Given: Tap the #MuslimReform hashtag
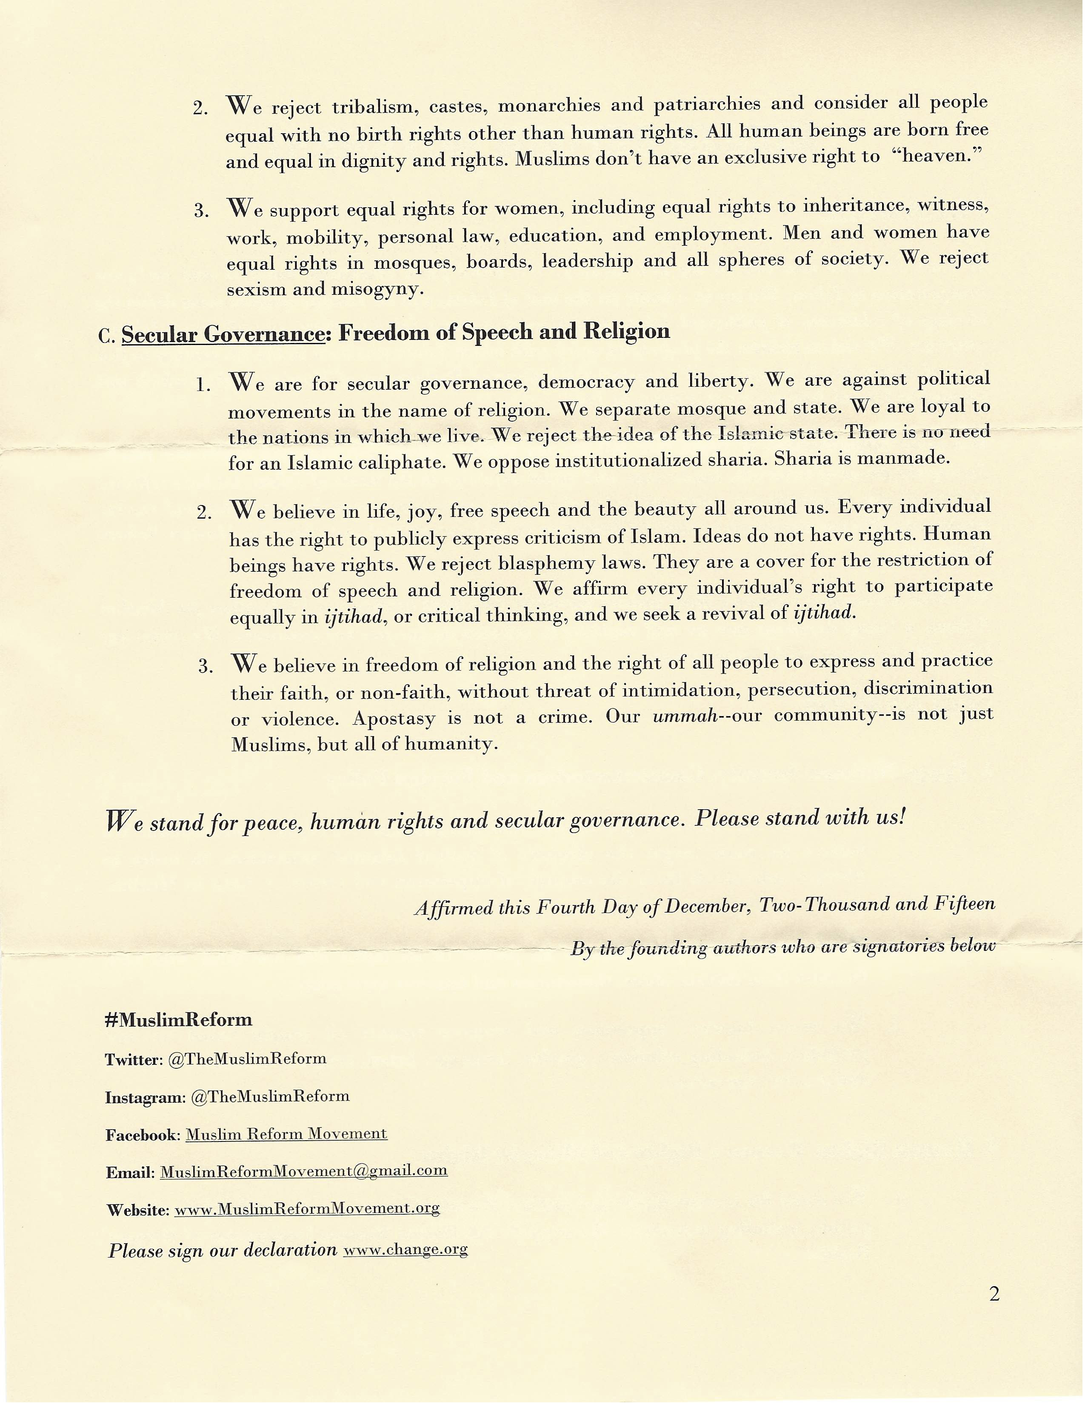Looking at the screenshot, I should point(178,1020).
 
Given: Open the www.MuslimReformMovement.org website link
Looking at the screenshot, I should point(307,1209).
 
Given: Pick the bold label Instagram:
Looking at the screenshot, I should point(145,1097).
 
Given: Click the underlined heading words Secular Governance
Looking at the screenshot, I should point(223,334).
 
